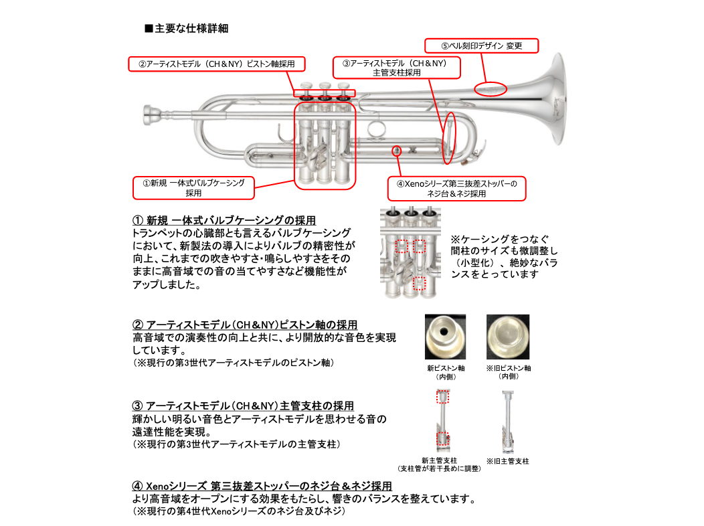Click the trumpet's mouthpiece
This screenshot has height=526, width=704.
click(151, 114)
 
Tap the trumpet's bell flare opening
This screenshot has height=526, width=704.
click(559, 100)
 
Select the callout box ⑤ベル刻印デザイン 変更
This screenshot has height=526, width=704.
click(482, 46)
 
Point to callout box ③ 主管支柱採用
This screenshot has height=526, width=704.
click(398, 68)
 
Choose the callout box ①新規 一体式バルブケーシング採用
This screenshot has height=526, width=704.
click(193, 187)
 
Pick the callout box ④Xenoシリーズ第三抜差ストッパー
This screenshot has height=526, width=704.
click(456, 188)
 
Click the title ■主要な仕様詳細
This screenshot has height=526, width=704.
click(187, 29)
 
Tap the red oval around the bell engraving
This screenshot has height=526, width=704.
click(491, 89)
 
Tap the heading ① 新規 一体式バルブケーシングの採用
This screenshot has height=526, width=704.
click(225, 220)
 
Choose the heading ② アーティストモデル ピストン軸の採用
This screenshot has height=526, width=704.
click(245, 325)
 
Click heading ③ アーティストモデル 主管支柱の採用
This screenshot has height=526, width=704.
click(244, 406)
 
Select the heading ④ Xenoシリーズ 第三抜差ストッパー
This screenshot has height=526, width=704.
click(262, 486)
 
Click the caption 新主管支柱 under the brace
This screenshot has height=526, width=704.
click(440, 461)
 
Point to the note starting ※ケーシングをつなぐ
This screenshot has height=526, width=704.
click(503, 256)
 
